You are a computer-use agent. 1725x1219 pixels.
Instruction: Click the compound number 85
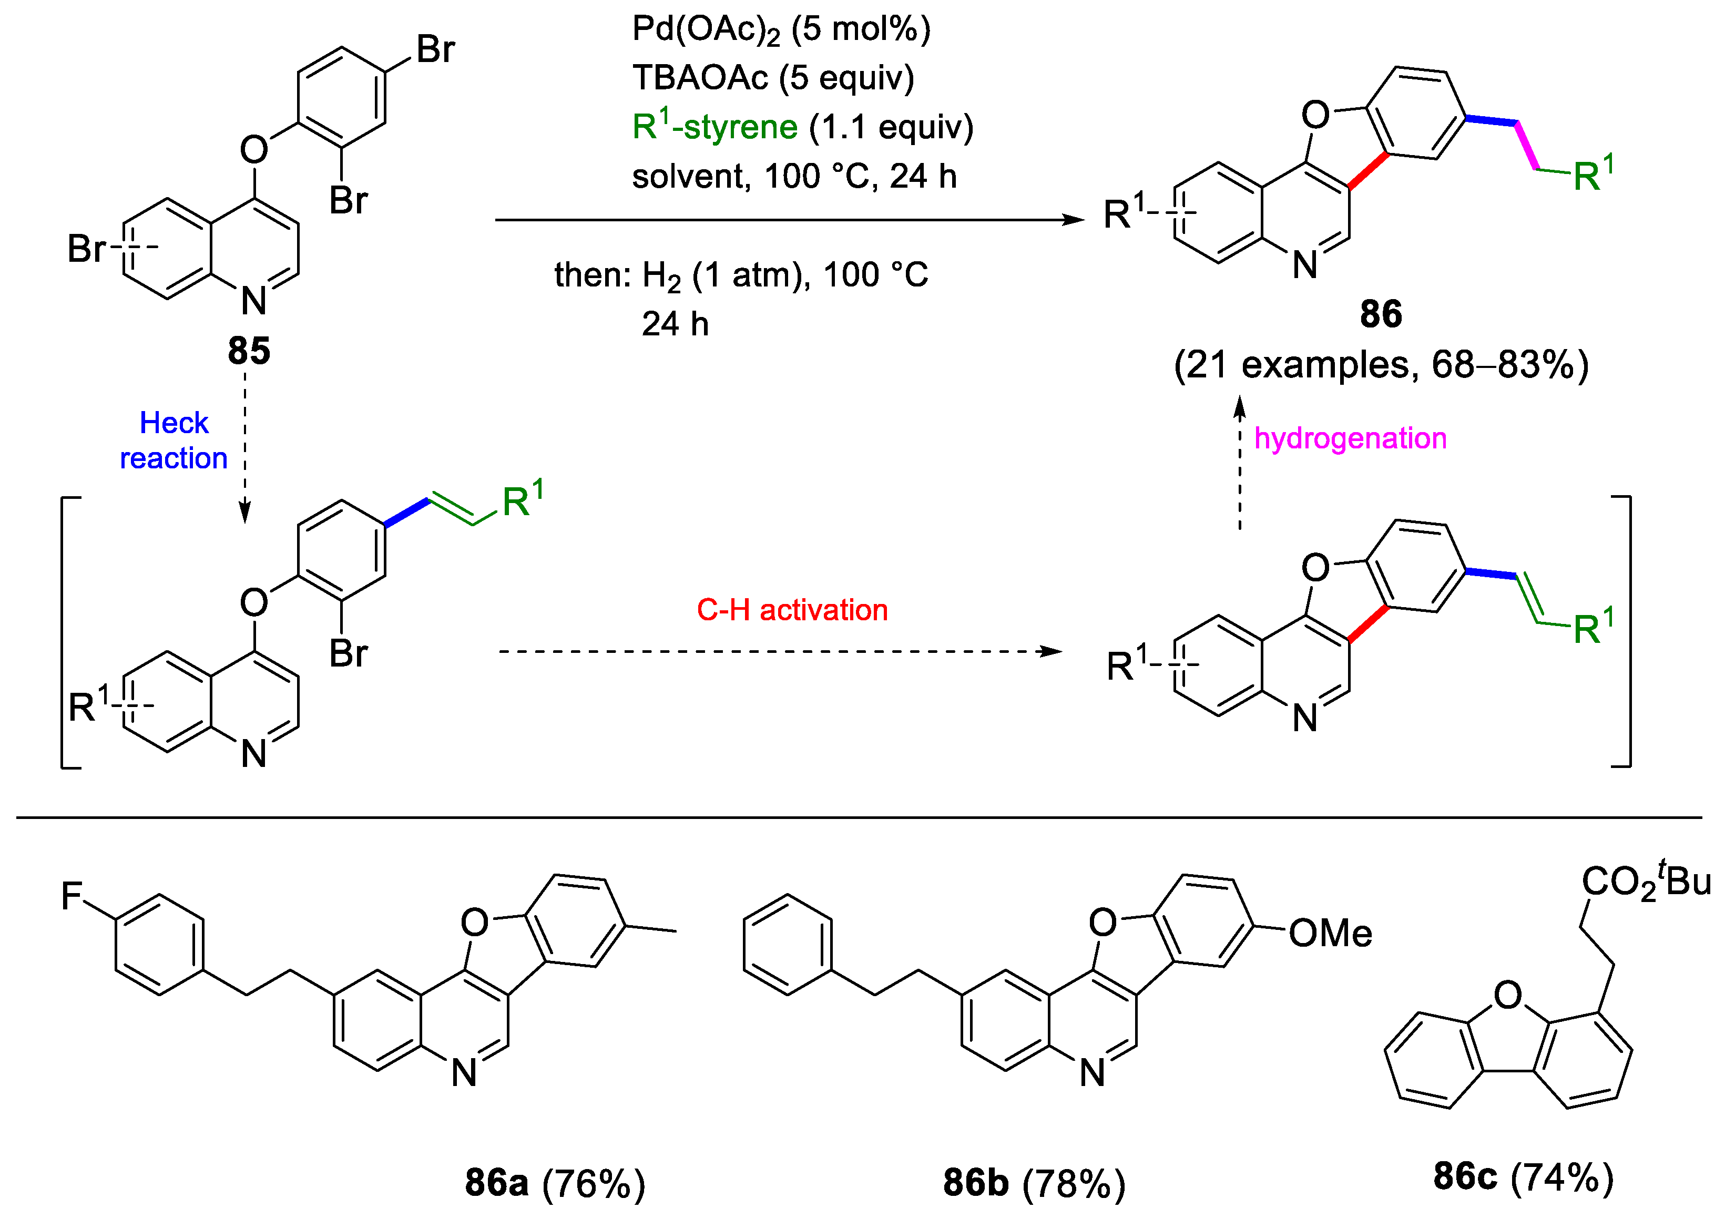tap(249, 351)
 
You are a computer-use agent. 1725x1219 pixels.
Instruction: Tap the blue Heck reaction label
tap(173, 440)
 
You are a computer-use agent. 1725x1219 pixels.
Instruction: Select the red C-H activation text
tap(792, 610)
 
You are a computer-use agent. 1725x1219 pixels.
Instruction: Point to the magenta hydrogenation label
tap(1350, 438)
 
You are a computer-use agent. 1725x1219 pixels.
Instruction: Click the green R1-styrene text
tap(714, 126)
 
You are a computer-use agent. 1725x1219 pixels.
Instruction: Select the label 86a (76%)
tap(555, 1183)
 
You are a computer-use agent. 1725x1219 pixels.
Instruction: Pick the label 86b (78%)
tap(1034, 1183)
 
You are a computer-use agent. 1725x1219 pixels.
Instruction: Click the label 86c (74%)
tap(1523, 1177)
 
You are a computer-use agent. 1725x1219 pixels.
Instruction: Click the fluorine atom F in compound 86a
tap(72, 896)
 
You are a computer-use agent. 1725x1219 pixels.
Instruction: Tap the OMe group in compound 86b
tap(1330, 934)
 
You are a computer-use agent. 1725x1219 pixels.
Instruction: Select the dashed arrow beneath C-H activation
tap(781, 651)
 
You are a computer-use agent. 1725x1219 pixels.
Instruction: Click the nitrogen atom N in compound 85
tap(254, 301)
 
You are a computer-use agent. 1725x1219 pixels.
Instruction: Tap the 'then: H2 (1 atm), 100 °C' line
tap(741, 275)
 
